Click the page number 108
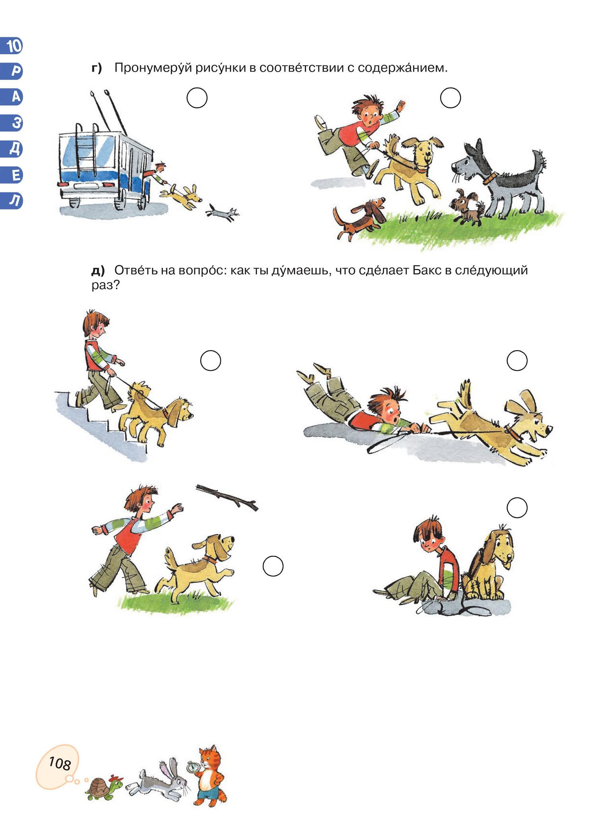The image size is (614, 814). coord(60,764)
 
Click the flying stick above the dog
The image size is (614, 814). coord(227,497)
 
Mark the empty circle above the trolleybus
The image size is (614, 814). coord(197,98)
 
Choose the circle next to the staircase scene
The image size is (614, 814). coord(210,360)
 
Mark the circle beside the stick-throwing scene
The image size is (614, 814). coord(273,566)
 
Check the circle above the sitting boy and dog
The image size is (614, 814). coord(517,508)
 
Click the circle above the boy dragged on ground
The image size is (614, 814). coord(517,360)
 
